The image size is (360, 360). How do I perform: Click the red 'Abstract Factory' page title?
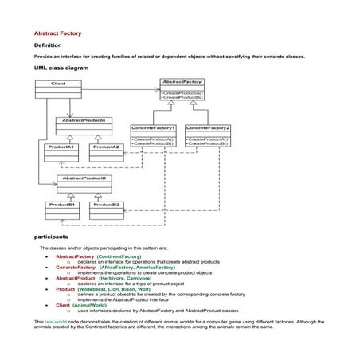click(x=57, y=33)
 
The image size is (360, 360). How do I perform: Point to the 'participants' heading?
click(x=51, y=237)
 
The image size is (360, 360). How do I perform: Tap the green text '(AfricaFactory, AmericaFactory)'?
click(x=131, y=267)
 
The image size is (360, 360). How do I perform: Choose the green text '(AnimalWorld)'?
click(x=90, y=304)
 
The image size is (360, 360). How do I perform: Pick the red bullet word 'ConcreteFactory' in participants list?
click(x=76, y=267)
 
